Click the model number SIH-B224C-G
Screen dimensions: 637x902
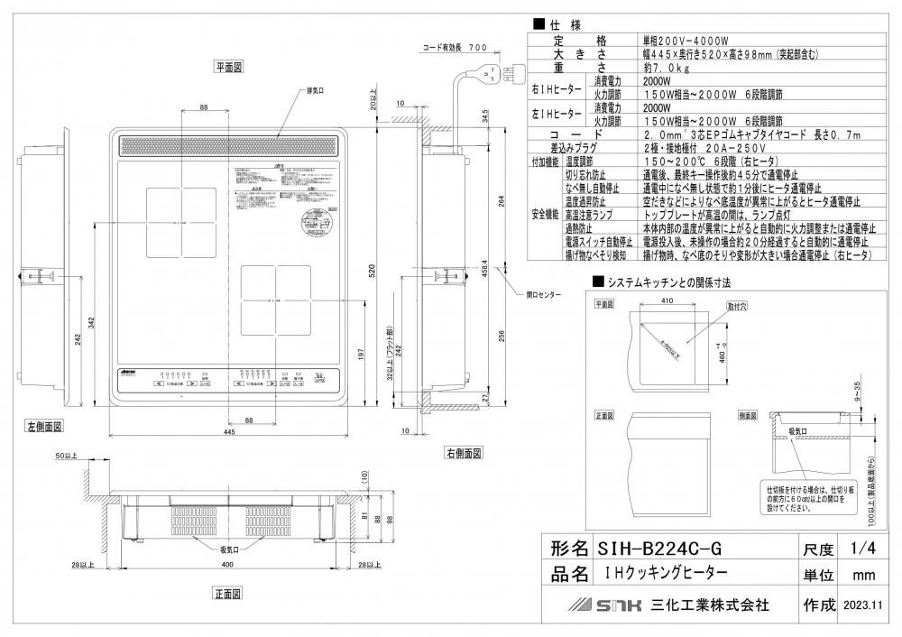(663, 548)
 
